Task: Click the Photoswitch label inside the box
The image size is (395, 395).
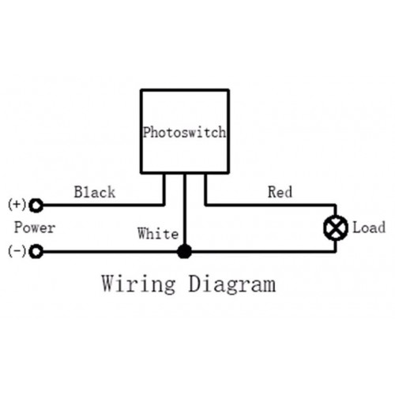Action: tap(184, 132)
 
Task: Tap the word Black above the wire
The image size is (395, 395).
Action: tap(95, 192)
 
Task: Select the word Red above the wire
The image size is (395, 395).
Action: tap(280, 192)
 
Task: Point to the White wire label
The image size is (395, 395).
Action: tap(158, 233)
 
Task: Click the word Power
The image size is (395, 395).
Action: tap(35, 228)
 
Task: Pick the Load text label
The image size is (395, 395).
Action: tap(369, 228)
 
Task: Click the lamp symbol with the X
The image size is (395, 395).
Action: tap(336, 228)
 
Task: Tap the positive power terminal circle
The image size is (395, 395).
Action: tap(36, 205)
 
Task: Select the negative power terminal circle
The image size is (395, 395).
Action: tap(36, 251)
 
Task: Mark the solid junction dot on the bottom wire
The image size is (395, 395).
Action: tap(184, 251)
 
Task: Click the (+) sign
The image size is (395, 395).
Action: tap(17, 205)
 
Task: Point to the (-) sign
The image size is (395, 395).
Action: tap(17, 251)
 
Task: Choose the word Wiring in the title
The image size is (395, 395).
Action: tap(138, 284)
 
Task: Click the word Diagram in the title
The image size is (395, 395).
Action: tap(232, 284)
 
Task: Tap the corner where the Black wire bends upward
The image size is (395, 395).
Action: tap(164, 205)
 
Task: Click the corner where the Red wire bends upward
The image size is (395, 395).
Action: tap(205, 205)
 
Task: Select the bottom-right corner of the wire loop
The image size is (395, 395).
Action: tap(336, 251)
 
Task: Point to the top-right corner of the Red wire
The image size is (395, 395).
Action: tap(336, 205)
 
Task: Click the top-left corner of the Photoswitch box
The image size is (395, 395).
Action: tap(141, 90)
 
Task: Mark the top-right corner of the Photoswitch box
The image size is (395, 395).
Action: tap(228, 90)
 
